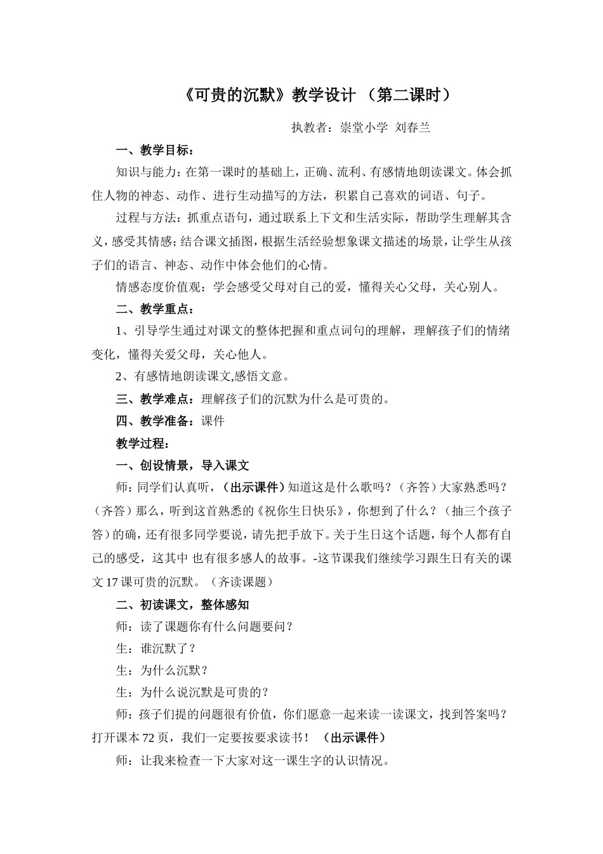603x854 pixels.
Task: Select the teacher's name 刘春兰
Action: pyautogui.click(x=413, y=128)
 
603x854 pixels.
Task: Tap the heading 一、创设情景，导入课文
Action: pyautogui.click(x=183, y=465)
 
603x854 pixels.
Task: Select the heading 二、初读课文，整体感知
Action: pyautogui.click(x=183, y=604)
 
